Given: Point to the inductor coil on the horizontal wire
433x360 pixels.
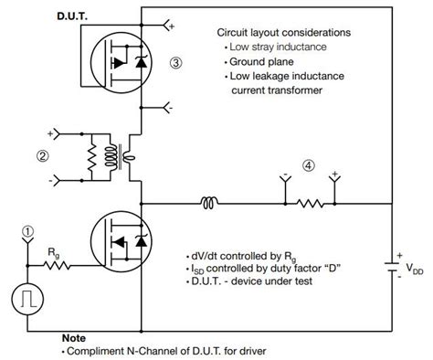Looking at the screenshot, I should [211, 200].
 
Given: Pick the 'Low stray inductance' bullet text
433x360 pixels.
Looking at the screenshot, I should [280, 46].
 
